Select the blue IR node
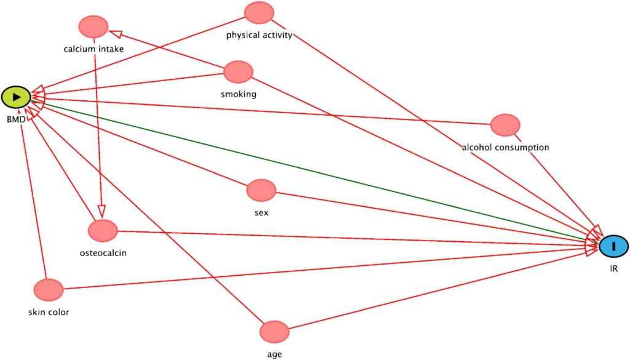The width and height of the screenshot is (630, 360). [613, 246]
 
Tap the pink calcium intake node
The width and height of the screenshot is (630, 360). [94, 26]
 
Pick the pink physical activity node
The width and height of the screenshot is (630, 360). [258, 12]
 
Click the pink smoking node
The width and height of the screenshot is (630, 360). [238, 71]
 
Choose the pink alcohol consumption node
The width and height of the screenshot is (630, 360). [505, 125]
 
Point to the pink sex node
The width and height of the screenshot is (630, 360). [261, 190]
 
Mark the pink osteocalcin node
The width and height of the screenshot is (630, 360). [103, 231]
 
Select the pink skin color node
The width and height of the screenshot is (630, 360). [49, 290]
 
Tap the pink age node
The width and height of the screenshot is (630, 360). [274, 332]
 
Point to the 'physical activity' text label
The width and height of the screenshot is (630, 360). [259, 34]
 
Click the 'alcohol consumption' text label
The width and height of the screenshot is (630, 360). [505, 147]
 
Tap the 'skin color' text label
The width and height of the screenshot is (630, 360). [49, 312]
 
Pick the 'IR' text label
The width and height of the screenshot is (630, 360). [613, 269]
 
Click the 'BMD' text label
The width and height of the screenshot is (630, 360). [15, 118]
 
